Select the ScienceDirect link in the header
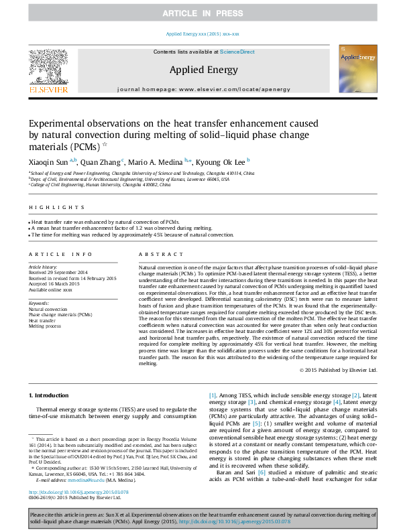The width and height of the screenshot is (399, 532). coord(237,52)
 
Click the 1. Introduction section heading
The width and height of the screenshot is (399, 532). coord(50,397)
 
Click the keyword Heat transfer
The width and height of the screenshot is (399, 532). coord(42,320)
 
